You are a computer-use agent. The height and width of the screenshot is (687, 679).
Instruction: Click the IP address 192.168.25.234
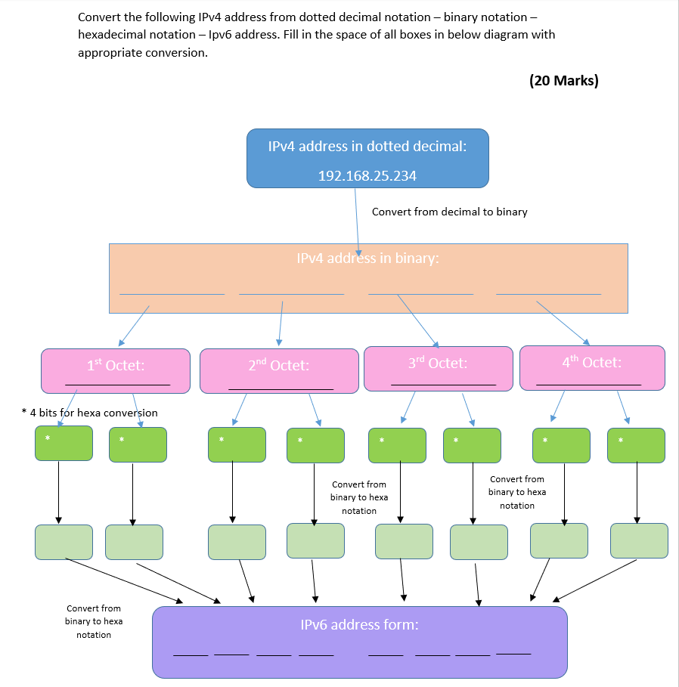tap(367, 175)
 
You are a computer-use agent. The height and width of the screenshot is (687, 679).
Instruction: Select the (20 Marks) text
tap(563, 81)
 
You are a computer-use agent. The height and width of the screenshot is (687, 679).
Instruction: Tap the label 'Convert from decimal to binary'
tap(449, 212)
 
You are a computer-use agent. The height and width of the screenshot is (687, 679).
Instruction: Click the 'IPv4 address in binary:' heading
tap(367, 258)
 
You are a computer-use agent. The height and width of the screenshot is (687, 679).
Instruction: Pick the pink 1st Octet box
tap(116, 370)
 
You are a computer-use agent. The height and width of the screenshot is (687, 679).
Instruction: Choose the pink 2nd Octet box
tap(279, 370)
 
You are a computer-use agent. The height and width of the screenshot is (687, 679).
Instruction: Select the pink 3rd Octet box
tap(438, 368)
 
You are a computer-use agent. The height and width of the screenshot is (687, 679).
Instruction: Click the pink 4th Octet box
tap(592, 367)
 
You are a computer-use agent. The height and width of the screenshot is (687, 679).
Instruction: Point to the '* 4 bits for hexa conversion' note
tap(89, 413)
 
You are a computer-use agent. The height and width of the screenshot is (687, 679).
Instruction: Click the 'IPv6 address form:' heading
tap(359, 625)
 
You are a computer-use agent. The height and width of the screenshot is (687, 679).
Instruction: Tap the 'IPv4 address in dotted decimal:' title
tap(367, 147)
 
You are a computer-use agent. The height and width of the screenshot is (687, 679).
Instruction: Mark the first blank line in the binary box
tap(172, 292)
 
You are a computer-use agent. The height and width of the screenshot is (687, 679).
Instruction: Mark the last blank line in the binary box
tap(548, 292)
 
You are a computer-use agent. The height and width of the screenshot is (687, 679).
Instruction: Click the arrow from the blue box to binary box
tap(357, 219)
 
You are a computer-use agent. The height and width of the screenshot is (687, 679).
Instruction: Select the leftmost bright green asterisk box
tap(64, 444)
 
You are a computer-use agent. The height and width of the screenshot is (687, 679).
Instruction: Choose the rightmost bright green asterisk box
tap(636, 445)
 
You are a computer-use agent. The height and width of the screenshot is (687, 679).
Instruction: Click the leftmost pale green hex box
tap(64, 542)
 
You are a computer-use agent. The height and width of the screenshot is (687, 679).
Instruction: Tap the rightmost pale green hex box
tap(639, 540)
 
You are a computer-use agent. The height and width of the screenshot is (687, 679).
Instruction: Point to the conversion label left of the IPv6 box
tap(94, 621)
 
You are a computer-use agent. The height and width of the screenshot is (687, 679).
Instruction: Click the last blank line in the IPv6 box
tap(513, 653)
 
